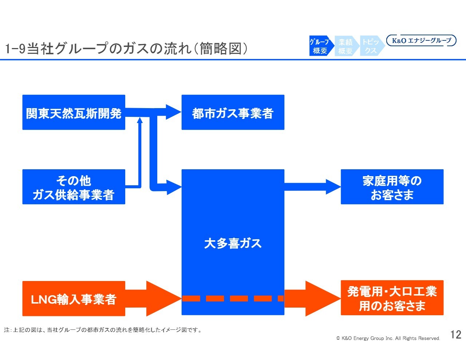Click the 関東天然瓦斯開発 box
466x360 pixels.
pos(74,112)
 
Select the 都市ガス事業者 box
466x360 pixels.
pos(233,112)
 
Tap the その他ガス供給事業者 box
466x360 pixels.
pos(74,187)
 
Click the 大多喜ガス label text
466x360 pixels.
pos(233,243)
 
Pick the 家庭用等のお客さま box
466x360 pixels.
pos(392,187)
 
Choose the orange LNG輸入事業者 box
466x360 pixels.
pos(74,298)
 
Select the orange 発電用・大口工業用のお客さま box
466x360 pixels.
pos(392,298)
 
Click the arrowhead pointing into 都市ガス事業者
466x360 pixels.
pos(173,112)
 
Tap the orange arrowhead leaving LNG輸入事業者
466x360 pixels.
pos(162,298)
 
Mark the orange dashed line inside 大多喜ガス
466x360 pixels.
pos(233,298)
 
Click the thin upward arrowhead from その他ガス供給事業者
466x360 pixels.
pos(139,120)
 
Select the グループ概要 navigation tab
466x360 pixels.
pos(320,46)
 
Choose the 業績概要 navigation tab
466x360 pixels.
pos(345,46)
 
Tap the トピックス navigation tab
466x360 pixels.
pos(371,46)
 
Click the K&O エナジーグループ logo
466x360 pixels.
pos(421,40)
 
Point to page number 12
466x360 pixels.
pos(455,335)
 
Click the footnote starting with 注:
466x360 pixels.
pos(103,330)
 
